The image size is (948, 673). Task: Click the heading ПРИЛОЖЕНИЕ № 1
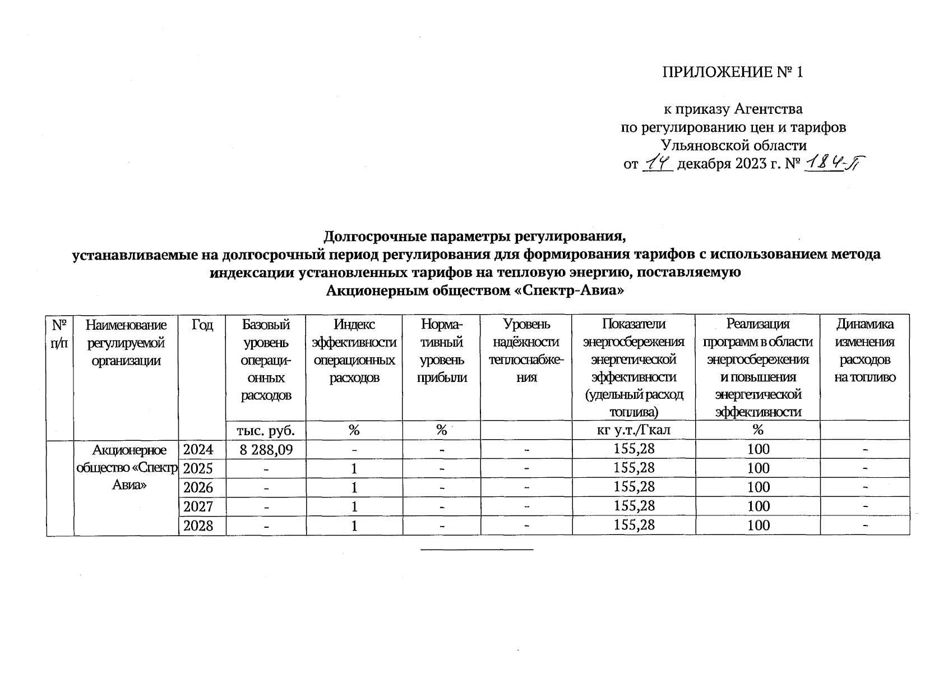pyautogui.click(x=733, y=72)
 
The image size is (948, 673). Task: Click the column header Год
pyautogui.click(x=202, y=325)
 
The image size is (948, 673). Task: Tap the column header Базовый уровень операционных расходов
pyautogui.click(x=266, y=359)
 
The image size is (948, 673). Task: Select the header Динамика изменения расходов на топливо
pyautogui.click(x=864, y=351)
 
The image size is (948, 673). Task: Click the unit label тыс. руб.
pyautogui.click(x=266, y=430)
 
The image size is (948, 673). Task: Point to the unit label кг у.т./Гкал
pyautogui.click(x=633, y=430)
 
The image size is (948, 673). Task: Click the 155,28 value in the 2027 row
pyautogui.click(x=634, y=506)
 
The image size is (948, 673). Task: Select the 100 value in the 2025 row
pyautogui.click(x=758, y=468)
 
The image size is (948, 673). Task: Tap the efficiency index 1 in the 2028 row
pyautogui.click(x=354, y=526)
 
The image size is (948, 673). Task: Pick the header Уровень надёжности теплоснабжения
pyautogui.click(x=526, y=351)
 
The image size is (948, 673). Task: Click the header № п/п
pyautogui.click(x=60, y=333)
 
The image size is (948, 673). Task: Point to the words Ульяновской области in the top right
pyautogui.click(x=733, y=146)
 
